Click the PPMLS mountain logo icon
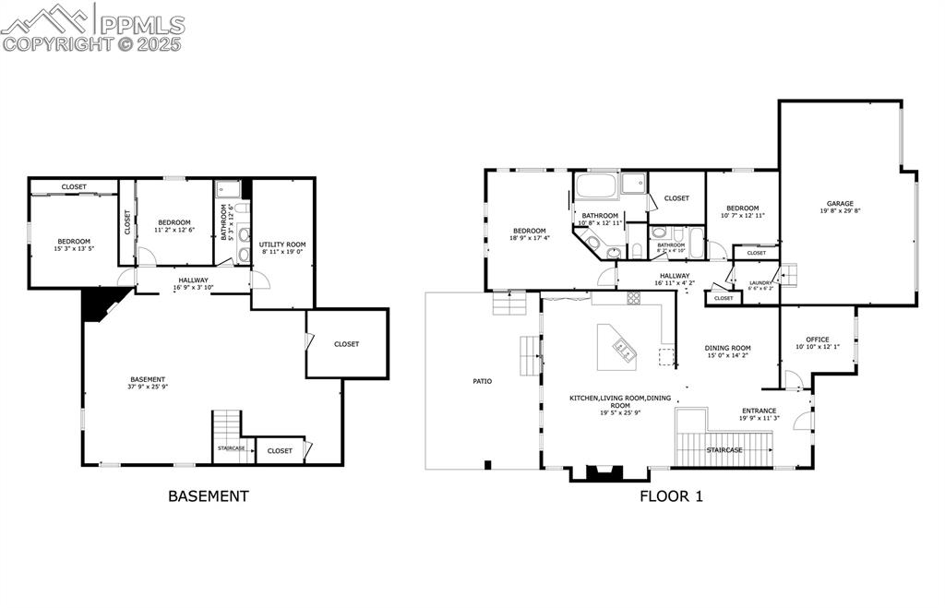tap(46, 18)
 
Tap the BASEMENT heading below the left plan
tap(208, 495)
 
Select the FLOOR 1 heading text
tap(672, 495)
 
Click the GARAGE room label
tap(839, 204)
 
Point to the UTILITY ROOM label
tap(281, 244)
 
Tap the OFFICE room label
tap(817, 340)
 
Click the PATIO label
tap(482, 381)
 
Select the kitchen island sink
tap(625, 349)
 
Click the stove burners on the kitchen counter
tap(634, 297)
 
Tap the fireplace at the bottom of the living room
tap(604, 472)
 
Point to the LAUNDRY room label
tap(760, 283)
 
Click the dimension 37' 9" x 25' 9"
tap(148, 387)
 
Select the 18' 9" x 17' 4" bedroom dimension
tap(529, 238)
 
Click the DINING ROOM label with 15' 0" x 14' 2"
tap(728, 349)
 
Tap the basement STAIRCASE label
tap(232, 448)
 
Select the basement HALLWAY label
tap(194, 280)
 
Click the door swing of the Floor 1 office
tap(792, 378)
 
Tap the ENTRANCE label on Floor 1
tap(759, 411)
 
